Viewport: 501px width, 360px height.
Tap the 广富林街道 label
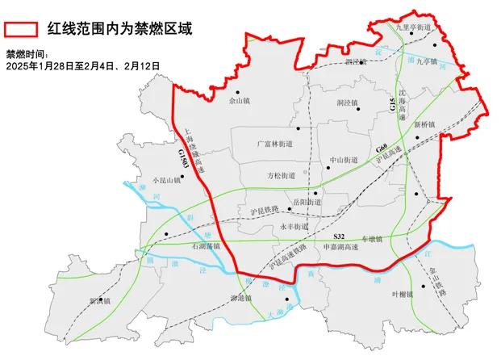[x=273, y=143]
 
